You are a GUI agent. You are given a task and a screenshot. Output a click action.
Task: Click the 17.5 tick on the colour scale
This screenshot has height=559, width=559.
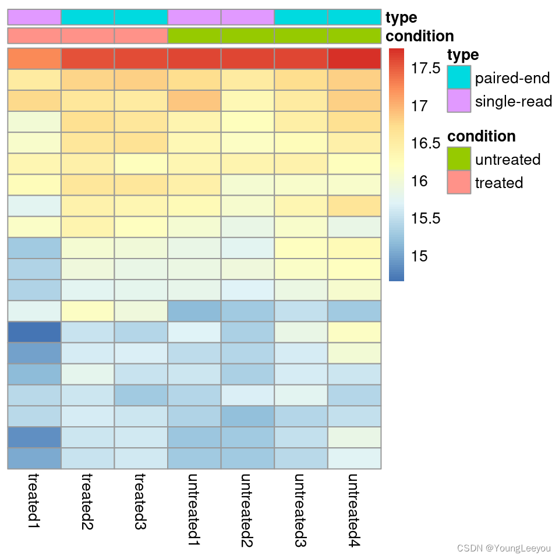tap(426, 69)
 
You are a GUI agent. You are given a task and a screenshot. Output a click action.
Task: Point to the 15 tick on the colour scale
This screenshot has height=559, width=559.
tap(419, 256)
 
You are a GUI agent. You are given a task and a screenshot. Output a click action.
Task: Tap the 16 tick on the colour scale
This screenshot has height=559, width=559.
tap(419, 181)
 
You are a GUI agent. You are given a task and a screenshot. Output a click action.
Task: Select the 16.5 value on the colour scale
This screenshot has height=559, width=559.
tap(426, 144)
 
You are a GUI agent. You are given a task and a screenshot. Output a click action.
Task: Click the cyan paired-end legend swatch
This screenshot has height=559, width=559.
tap(458, 77)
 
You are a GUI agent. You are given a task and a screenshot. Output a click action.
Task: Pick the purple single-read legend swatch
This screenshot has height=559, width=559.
tap(458, 101)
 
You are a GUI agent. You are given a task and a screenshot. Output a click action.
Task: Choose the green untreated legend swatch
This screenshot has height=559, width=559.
tap(458, 158)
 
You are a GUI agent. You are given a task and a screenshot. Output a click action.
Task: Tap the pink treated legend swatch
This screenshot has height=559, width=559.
tap(458, 182)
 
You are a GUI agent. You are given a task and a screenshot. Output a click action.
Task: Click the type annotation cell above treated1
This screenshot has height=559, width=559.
tap(34, 17)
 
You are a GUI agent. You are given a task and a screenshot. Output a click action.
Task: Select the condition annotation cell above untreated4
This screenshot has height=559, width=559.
tap(354, 36)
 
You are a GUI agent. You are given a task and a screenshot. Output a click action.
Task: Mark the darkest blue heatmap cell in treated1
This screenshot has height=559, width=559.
tap(34, 332)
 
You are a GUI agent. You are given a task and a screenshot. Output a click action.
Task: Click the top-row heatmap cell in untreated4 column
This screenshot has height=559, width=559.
tap(354, 59)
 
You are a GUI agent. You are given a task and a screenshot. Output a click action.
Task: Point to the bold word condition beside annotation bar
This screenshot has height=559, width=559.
tap(419, 36)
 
